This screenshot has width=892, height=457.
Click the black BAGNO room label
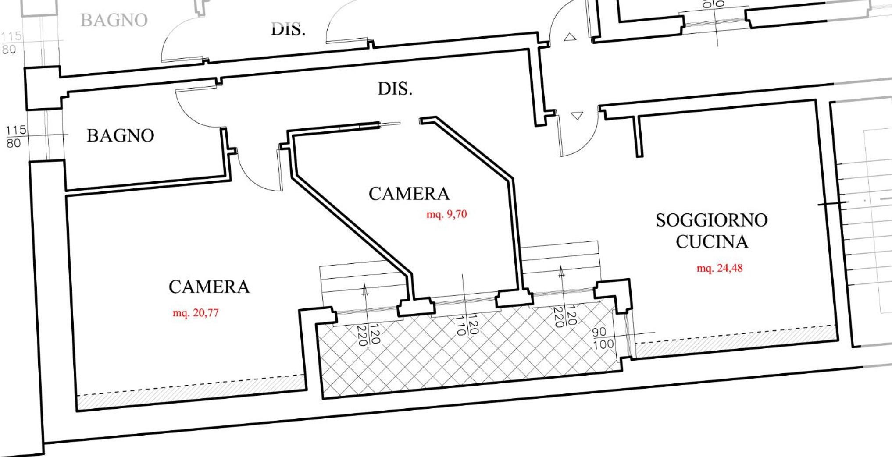click(120, 135)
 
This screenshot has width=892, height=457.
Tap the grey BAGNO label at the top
click(114, 20)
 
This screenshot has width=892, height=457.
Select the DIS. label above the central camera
click(395, 89)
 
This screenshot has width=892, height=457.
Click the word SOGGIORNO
click(711, 220)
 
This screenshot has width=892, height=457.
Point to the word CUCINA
click(711, 241)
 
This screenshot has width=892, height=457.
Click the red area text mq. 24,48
click(720, 268)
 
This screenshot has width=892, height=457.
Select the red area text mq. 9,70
click(446, 214)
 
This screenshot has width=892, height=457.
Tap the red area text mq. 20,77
click(196, 313)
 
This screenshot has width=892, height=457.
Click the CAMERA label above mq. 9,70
click(409, 194)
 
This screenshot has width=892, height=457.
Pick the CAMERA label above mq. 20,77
click(209, 287)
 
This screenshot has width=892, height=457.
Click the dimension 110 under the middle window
click(460, 325)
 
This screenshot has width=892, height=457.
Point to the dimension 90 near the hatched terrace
click(599, 332)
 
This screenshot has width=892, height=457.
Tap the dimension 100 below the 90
click(604, 344)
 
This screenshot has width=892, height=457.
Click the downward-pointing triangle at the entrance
click(577, 116)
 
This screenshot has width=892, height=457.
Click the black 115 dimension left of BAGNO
click(16, 130)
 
